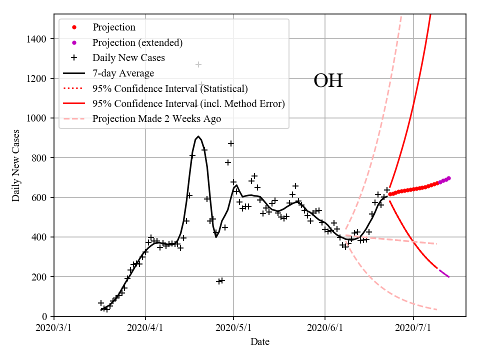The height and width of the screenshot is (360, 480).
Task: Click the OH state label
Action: click(328, 81)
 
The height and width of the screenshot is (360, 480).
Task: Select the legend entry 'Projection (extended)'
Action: click(137, 42)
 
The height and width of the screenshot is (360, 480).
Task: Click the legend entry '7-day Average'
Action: click(123, 73)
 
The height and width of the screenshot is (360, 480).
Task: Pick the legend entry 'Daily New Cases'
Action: click(128, 58)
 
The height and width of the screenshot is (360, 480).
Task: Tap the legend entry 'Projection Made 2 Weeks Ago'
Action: click(156, 119)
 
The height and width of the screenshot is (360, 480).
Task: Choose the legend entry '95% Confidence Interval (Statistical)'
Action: click(170, 88)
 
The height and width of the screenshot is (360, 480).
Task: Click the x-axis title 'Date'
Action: click(260, 342)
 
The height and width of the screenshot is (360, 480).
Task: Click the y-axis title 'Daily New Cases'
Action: click(16, 165)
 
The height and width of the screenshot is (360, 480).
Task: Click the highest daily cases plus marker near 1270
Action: click(198, 64)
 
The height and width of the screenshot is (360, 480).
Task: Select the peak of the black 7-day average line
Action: click(198, 136)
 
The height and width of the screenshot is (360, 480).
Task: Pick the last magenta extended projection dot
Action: click(448, 178)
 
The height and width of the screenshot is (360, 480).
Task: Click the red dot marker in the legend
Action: click(74, 27)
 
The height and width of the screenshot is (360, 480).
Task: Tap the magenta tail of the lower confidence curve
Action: click(444, 273)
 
